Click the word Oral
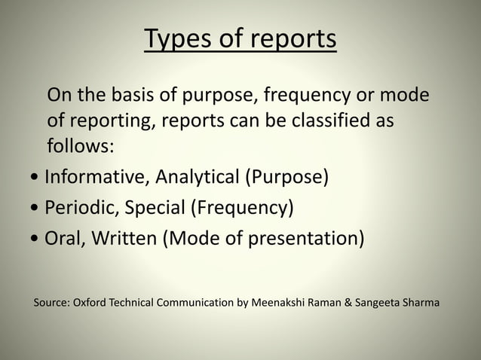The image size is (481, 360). (x=64, y=238)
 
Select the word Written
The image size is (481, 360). (x=124, y=238)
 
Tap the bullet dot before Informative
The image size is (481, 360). (x=38, y=179)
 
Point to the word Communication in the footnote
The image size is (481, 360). (x=196, y=303)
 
